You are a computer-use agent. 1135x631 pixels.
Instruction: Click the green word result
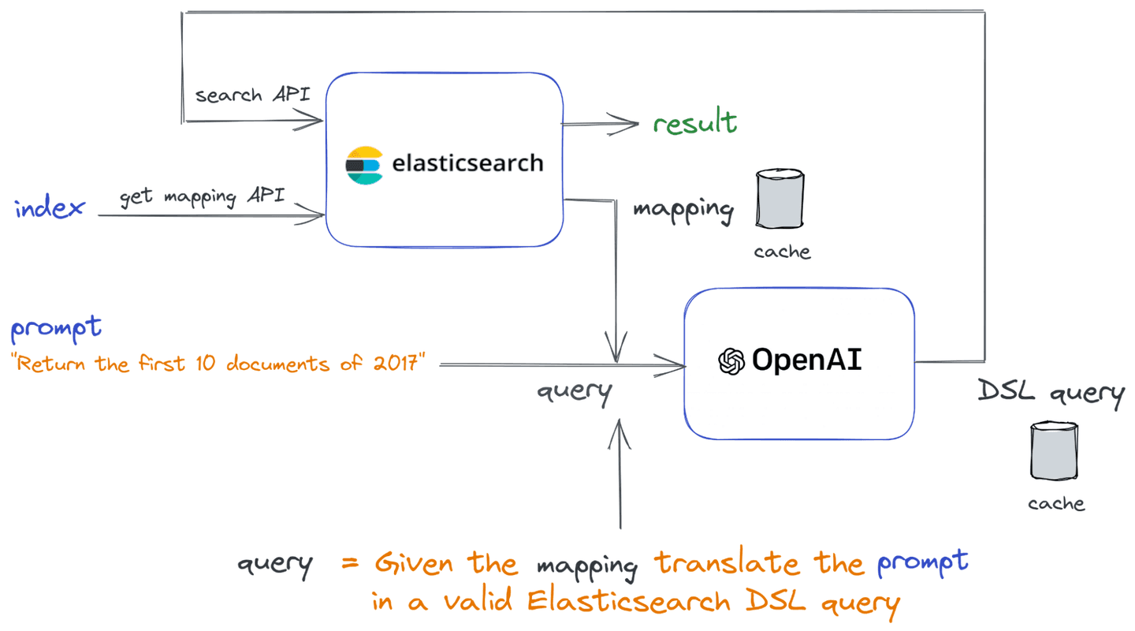694,124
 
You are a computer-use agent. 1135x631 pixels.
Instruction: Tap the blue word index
49,208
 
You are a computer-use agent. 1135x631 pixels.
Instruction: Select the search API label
252,95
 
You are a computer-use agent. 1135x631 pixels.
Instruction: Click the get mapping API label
202,196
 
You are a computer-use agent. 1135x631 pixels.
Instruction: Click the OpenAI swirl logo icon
731,361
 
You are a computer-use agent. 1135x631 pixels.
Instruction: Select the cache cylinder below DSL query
1054,450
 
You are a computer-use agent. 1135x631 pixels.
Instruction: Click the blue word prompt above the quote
55,328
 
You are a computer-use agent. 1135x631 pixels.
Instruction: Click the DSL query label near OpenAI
1051,393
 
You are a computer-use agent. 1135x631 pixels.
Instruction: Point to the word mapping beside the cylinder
683,210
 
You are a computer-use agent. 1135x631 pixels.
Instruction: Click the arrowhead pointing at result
629,122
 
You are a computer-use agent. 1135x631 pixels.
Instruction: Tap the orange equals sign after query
351,565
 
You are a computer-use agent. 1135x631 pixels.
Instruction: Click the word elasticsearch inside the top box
467,163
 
